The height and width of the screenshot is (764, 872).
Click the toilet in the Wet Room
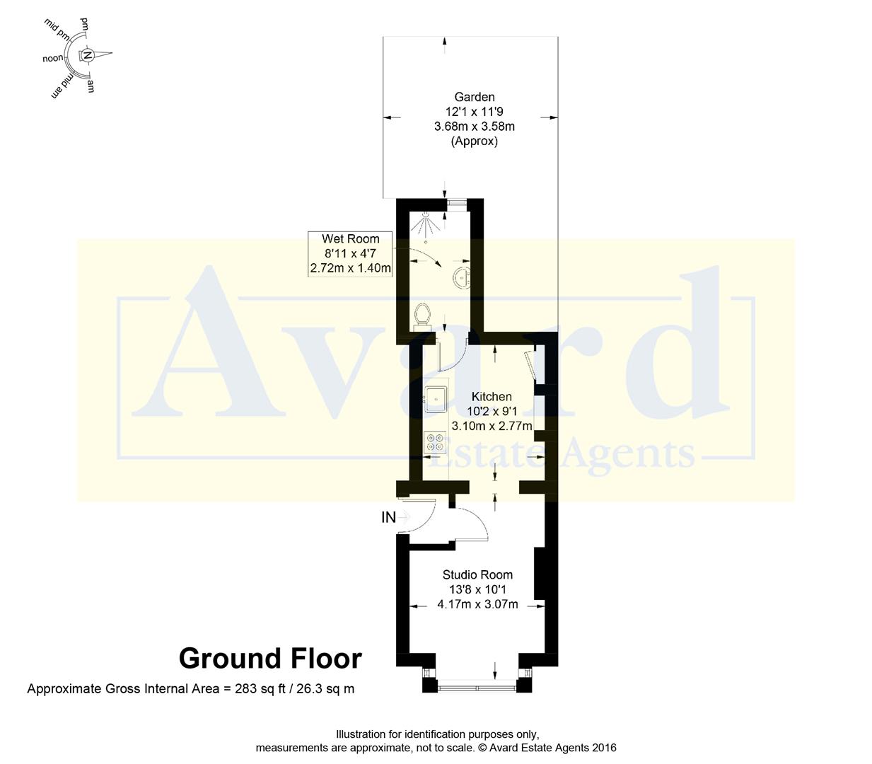pyautogui.click(x=423, y=314)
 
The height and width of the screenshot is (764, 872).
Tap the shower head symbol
pyautogui.click(x=425, y=224)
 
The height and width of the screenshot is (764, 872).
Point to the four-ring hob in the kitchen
pyautogui.click(x=434, y=443)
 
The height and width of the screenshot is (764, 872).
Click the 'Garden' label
pyautogui.click(x=474, y=97)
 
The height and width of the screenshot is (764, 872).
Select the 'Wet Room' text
pyautogui.click(x=350, y=239)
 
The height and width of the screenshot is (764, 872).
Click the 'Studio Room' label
pyautogui.click(x=477, y=574)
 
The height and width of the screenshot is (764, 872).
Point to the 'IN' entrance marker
pyautogui.click(x=389, y=517)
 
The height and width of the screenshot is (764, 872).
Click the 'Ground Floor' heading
pyautogui.click(x=270, y=658)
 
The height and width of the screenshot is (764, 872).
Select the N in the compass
pyautogui.click(x=88, y=55)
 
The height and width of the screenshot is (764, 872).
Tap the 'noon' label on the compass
pyautogui.click(x=52, y=59)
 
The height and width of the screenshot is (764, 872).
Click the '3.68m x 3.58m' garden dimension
pyautogui.click(x=474, y=127)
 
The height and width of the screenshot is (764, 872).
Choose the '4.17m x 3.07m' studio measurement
pyautogui.click(x=477, y=604)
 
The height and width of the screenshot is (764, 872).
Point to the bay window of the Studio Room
pyautogui.click(x=477, y=685)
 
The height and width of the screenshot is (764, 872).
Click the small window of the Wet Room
pyautogui.click(x=458, y=203)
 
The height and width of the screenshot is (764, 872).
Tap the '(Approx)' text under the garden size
pyautogui.click(x=474, y=141)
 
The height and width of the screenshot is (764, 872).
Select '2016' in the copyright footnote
pyautogui.click(x=603, y=748)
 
